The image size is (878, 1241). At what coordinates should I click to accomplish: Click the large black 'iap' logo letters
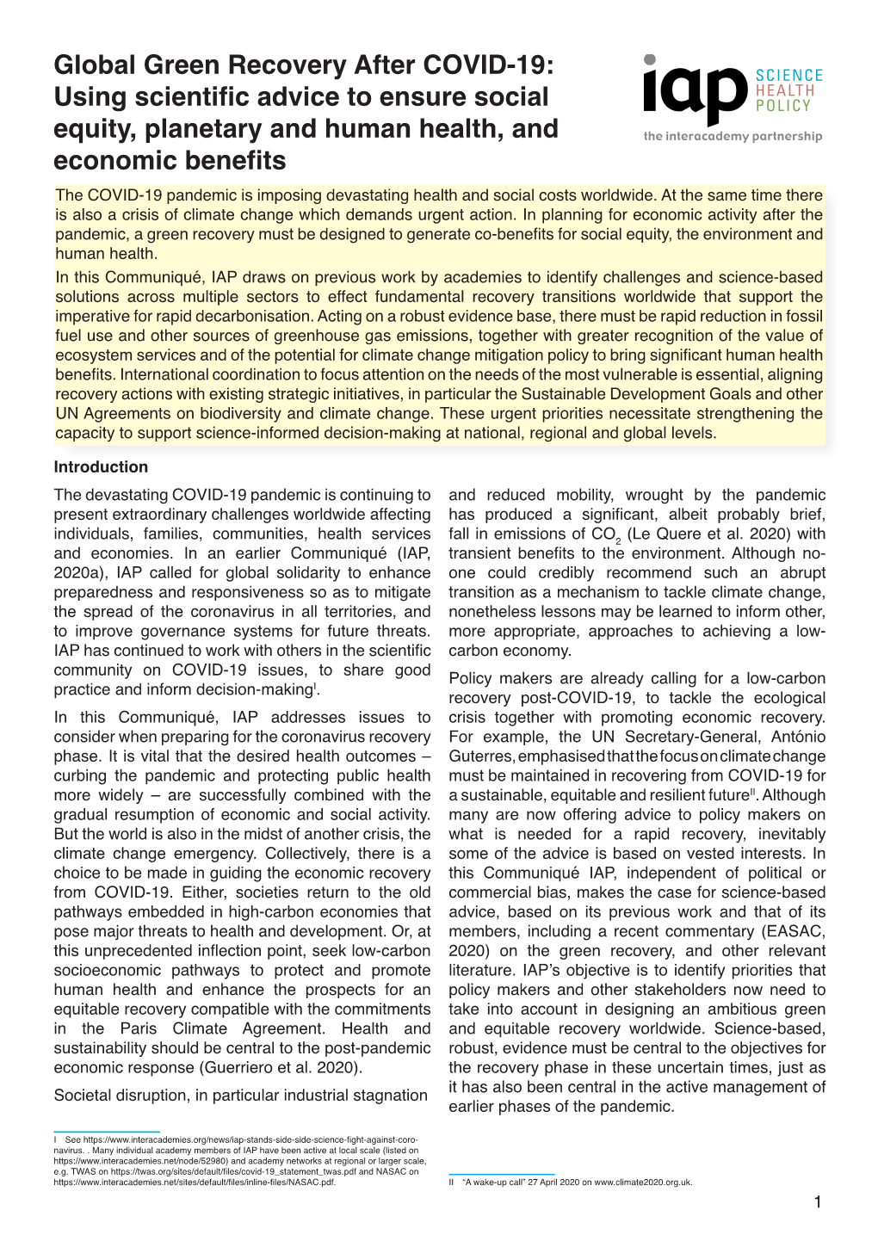click(694, 92)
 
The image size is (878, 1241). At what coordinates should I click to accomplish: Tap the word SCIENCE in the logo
click(788, 76)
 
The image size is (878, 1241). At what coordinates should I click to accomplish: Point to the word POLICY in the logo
click(782, 106)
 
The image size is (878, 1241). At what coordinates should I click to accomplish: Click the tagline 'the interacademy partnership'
click(733, 136)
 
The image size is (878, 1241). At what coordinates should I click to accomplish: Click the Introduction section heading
click(101, 467)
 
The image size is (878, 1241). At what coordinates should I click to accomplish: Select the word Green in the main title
click(184, 65)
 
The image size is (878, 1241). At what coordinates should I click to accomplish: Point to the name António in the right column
click(798, 738)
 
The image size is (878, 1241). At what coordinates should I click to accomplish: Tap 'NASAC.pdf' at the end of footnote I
click(312, 1182)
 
